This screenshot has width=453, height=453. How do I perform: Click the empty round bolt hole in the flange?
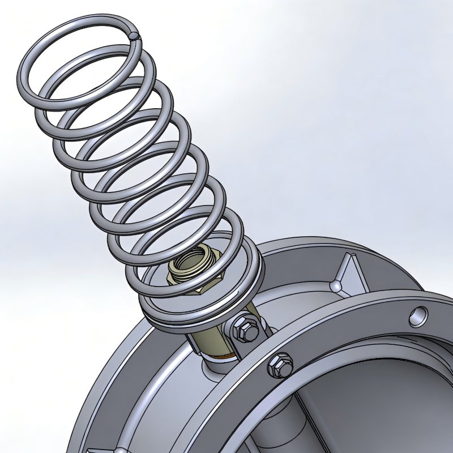pos(420,315)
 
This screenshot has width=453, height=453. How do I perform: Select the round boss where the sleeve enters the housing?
pos(218,374)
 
